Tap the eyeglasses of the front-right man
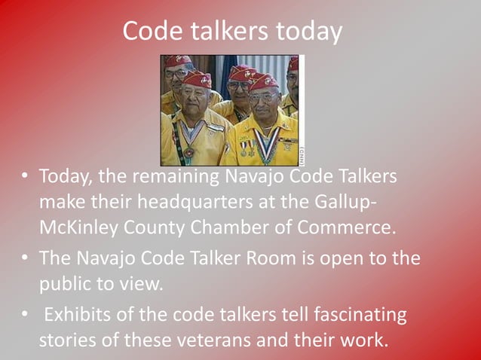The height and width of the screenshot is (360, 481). click(262, 97)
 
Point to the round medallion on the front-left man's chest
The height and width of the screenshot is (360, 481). click(188, 153)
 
